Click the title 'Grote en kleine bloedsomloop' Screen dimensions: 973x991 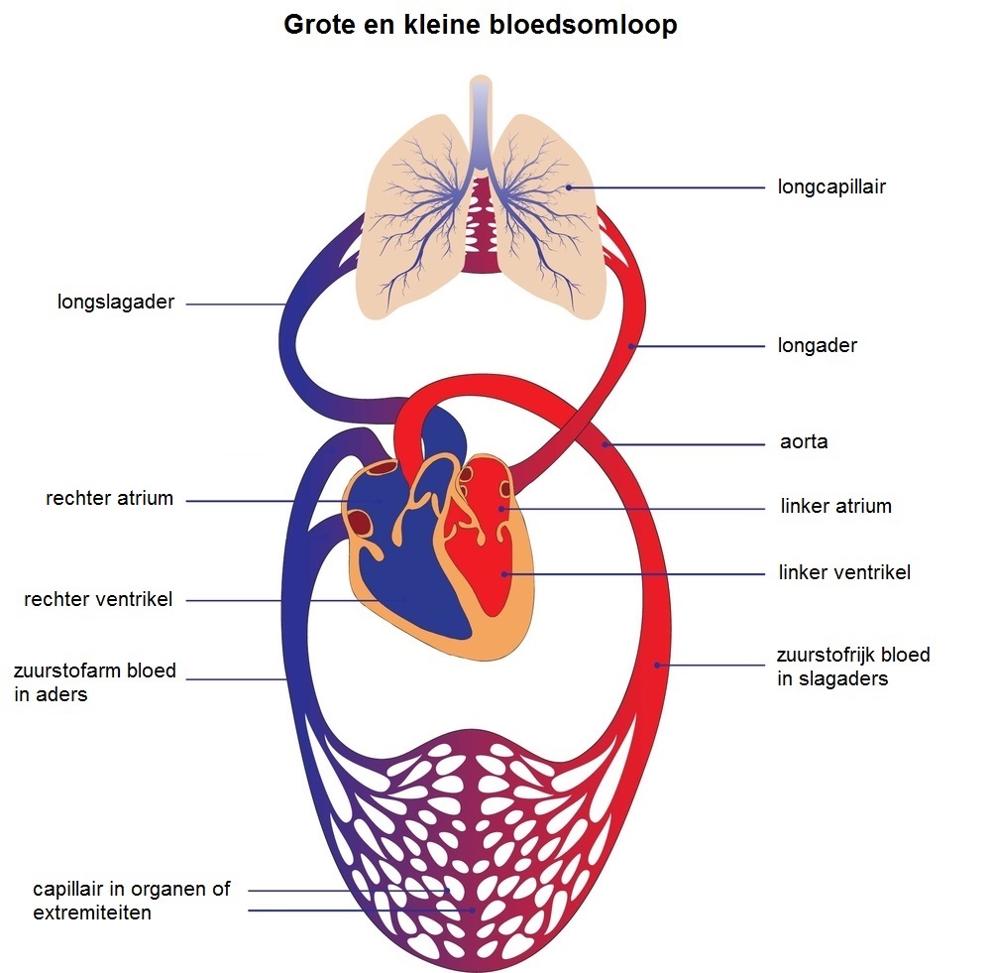tap(481, 25)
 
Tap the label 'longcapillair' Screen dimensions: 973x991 tap(831, 186)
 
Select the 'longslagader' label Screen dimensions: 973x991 tap(116, 303)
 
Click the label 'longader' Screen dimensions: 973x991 tap(818, 346)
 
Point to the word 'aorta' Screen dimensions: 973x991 tap(804, 442)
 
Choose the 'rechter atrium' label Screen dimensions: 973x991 tap(109, 499)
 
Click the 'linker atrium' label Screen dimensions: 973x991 tap(835, 507)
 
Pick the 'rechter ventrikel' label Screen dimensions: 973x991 tap(98, 599)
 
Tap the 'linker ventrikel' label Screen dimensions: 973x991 tap(844, 572)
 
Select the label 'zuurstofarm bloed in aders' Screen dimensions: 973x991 tap(95, 682)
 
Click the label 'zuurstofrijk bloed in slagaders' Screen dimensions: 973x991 tap(853, 667)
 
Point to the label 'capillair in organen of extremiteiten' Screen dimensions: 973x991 tap(131, 900)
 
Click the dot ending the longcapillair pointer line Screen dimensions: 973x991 tap(569, 186)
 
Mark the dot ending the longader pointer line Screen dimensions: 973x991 tap(632, 346)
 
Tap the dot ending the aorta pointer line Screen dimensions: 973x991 tap(604, 442)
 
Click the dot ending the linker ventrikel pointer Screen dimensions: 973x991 tap(504, 573)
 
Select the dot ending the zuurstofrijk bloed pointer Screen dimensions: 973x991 tap(657, 665)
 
